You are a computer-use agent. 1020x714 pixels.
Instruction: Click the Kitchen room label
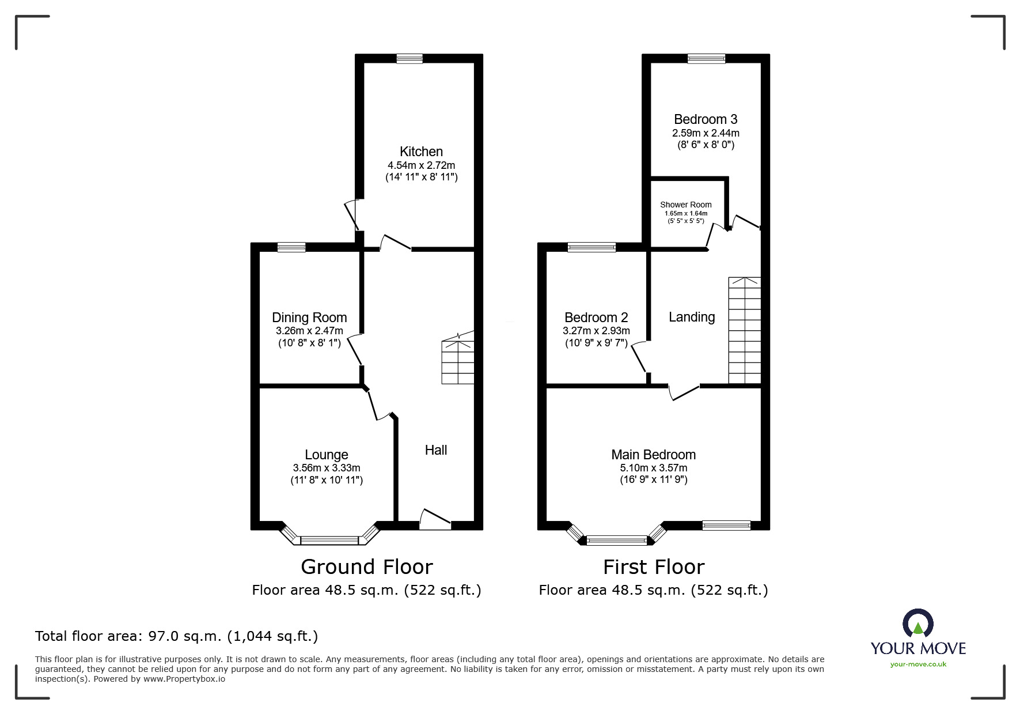click(x=421, y=152)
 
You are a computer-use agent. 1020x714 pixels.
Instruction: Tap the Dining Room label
click(x=309, y=318)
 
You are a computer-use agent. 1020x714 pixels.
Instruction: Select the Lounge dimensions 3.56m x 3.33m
click(x=327, y=468)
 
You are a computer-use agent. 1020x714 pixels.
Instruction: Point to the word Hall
click(x=436, y=450)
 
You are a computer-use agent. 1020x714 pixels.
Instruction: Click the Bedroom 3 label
click(x=706, y=119)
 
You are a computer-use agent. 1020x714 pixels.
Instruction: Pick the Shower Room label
click(x=685, y=205)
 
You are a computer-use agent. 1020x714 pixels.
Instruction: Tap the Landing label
click(x=692, y=317)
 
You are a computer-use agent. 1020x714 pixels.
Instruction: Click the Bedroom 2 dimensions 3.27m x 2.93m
click(x=596, y=331)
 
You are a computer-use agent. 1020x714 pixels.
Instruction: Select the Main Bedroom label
click(x=654, y=455)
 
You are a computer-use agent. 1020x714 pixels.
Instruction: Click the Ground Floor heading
click(x=367, y=567)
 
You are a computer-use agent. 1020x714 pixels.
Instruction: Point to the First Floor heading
click(x=654, y=567)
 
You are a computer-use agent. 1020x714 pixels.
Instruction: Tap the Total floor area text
click(x=176, y=636)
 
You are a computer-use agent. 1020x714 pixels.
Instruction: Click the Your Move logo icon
click(x=917, y=624)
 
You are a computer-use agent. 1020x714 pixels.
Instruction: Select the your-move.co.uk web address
click(x=918, y=664)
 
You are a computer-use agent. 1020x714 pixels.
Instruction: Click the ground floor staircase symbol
click(x=458, y=358)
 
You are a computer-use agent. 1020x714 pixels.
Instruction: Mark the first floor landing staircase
click(x=745, y=330)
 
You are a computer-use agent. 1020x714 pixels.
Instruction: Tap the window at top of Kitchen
click(x=409, y=58)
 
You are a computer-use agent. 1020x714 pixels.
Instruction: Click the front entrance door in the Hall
click(x=435, y=520)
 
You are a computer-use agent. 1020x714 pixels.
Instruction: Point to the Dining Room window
click(x=291, y=247)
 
